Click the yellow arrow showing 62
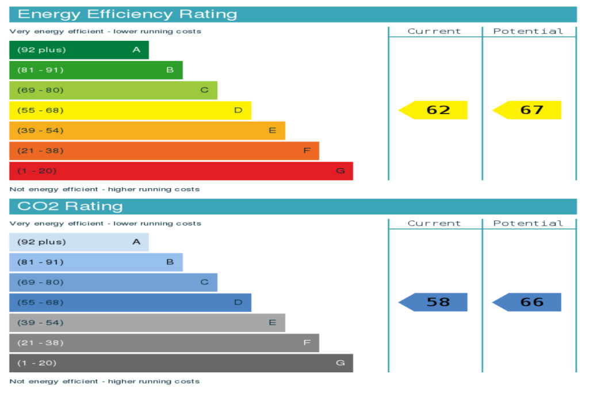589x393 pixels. tap(433, 110)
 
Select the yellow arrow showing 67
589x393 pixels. tap(527, 110)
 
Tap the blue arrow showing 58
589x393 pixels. tap(433, 302)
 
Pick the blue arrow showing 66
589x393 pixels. tap(527, 302)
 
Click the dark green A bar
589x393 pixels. tap(79, 50)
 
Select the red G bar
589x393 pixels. tap(181, 171)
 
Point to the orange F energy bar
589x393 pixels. tap(164, 151)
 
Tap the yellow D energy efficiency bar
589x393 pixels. tap(131, 110)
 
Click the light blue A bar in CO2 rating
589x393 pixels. tap(79, 242)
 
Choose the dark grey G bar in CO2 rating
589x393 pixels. tap(181, 363)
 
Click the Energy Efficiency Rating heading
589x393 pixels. tap(127, 14)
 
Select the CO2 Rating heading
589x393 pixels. tap(70, 206)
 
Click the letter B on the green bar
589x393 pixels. tap(170, 70)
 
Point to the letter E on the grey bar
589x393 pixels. tap(273, 322)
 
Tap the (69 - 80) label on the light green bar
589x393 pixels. tap(41, 90)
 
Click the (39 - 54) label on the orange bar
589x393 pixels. tap(41, 131)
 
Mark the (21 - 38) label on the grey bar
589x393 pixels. tap(41, 343)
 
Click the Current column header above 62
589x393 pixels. tap(434, 31)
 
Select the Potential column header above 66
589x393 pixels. tap(528, 223)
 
